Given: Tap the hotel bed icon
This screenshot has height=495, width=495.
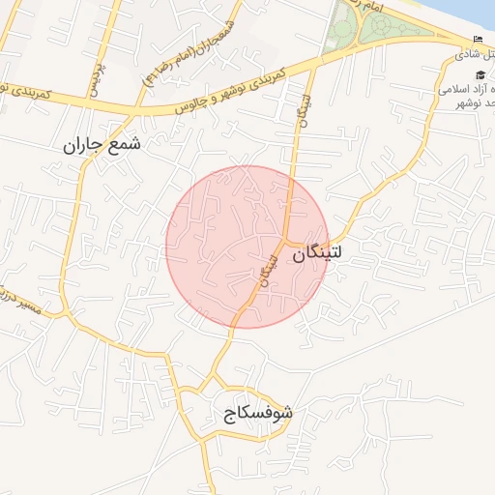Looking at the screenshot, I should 479,39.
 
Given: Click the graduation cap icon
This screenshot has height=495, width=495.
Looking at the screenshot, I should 479,74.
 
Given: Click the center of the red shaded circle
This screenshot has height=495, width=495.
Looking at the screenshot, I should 247,247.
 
